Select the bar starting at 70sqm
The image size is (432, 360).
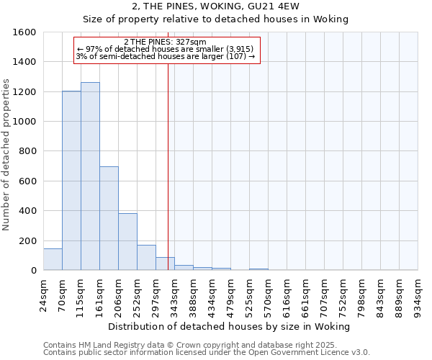[x=71, y=181]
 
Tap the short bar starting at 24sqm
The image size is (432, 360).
[x=53, y=259]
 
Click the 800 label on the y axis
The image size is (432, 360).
[x=27, y=151]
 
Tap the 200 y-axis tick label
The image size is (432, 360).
[x=27, y=240]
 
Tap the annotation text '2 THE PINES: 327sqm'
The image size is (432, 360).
[x=165, y=42]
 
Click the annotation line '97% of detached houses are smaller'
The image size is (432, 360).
[x=165, y=49]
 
